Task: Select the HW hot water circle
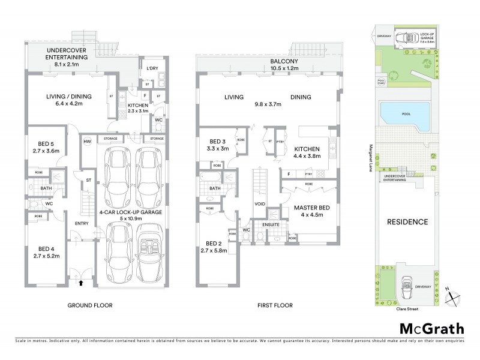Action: click(x=87, y=142)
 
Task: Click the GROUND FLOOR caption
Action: click(x=90, y=305)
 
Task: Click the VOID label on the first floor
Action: click(x=260, y=203)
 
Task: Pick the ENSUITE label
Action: click(x=268, y=225)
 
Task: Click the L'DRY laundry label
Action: click(x=151, y=68)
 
